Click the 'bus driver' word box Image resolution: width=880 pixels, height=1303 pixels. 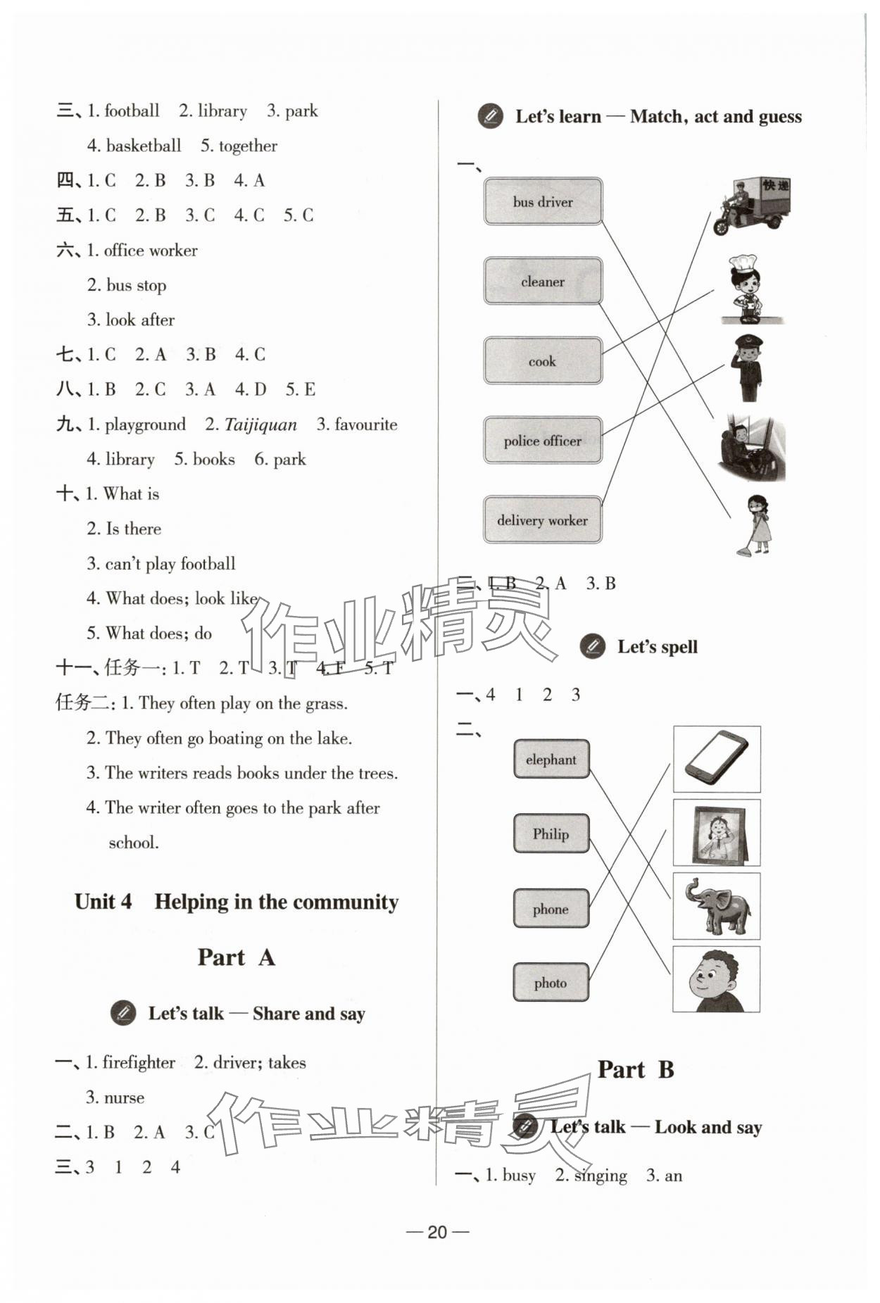tap(543, 201)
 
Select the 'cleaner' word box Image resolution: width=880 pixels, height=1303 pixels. tap(543, 281)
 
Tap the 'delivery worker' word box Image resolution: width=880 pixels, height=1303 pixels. tap(542, 520)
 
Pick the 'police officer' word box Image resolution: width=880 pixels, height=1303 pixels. tap(542, 441)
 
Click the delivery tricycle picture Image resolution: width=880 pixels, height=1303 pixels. tap(752, 206)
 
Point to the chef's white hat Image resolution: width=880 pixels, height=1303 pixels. tap(743, 263)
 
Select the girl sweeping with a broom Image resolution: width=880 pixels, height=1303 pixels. tap(756, 524)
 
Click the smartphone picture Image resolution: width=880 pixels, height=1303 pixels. tap(717, 758)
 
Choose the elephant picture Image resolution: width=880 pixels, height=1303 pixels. tap(717, 906)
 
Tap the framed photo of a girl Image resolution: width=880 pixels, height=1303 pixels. tap(717, 832)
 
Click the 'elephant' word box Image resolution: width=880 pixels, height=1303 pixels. tap(551, 760)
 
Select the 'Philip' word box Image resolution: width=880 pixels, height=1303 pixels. tap(551, 833)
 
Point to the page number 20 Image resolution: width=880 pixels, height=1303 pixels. tap(437, 1231)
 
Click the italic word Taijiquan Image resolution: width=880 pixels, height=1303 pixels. tap(260, 424)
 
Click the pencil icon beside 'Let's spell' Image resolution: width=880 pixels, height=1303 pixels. tap(593, 646)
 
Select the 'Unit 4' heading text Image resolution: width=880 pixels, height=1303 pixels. tap(103, 902)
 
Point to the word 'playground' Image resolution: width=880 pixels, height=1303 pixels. tap(145, 424)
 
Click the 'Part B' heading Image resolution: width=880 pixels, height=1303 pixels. tap(635, 1069)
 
